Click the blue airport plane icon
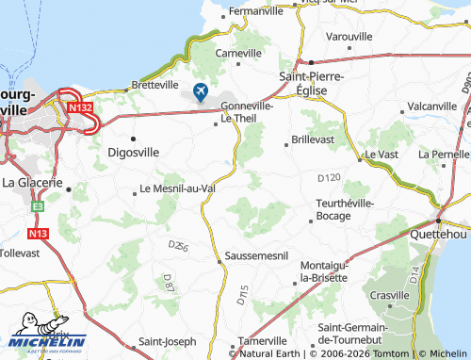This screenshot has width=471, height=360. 200,91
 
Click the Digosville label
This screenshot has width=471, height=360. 133,151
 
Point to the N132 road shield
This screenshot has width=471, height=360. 82,108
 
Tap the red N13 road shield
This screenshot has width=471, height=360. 39,232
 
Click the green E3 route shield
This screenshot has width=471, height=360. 39,205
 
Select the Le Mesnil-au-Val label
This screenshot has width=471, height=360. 185,188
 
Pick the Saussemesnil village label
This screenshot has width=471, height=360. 257,256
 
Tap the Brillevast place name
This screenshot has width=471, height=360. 314,139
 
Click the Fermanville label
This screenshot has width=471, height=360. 255,11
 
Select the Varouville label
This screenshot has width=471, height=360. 349,36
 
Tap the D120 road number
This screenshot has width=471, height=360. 330,177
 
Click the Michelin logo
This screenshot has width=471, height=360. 48,340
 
